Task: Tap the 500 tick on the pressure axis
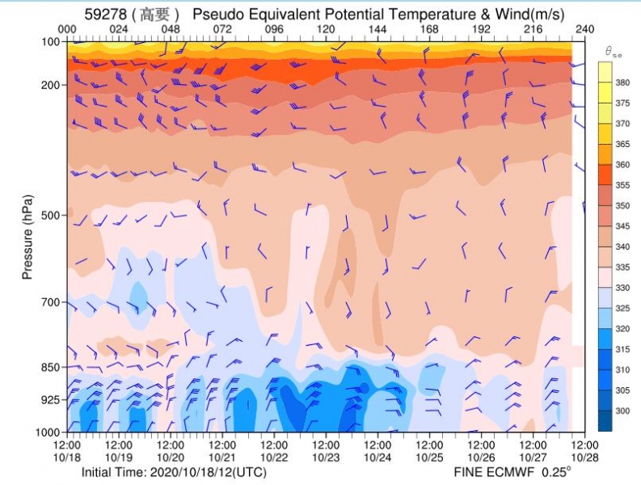click(x=51, y=215)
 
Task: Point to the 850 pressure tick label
click(x=51, y=367)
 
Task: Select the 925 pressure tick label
click(x=51, y=399)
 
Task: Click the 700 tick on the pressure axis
click(x=51, y=302)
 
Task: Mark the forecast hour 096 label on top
click(x=274, y=29)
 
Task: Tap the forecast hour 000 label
click(x=67, y=29)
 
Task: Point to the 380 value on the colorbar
click(x=622, y=82)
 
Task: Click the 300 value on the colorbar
click(x=622, y=411)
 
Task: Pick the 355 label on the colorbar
click(x=622, y=185)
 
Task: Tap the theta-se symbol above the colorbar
click(x=614, y=52)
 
